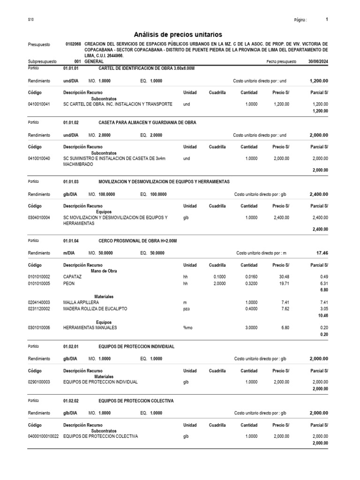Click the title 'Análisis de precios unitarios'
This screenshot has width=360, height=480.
178,35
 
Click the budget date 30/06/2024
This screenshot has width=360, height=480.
318,61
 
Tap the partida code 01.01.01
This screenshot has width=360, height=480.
71,68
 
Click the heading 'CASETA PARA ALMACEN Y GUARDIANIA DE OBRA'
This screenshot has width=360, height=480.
147,122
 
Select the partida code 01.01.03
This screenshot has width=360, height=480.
71,181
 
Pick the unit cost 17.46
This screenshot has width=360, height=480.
322,253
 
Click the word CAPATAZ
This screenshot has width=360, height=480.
72,277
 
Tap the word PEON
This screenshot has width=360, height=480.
68,283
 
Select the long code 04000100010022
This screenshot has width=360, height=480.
43,436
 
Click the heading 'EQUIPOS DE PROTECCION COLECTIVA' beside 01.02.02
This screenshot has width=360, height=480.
136,401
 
